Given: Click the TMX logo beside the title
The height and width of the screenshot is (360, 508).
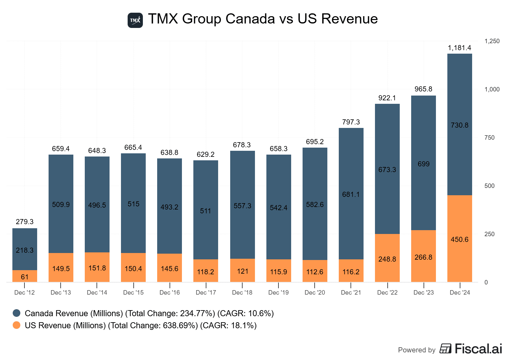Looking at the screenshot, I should pyautogui.click(x=135, y=20).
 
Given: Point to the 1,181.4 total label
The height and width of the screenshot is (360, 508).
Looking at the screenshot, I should pyautogui.click(x=459, y=48).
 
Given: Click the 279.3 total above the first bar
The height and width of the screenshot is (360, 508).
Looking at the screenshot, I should pyautogui.click(x=25, y=222).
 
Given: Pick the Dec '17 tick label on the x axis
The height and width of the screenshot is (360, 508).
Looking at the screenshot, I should pyautogui.click(x=206, y=292).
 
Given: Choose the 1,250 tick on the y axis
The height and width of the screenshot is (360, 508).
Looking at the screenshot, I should pyautogui.click(x=492, y=41).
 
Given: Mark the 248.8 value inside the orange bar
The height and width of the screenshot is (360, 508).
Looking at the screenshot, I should pyautogui.click(x=387, y=259).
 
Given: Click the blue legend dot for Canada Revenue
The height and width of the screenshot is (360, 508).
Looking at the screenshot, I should pyautogui.click(x=17, y=313).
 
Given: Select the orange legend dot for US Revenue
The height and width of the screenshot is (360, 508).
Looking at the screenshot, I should pyautogui.click(x=17, y=325).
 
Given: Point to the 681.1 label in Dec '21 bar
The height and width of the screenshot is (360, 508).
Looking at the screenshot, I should pyautogui.click(x=351, y=194).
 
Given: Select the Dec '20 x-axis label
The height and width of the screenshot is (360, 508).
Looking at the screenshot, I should pyautogui.click(x=315, y=292).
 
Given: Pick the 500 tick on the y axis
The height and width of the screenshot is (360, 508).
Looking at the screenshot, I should pyautogui.click(x=489, y=186).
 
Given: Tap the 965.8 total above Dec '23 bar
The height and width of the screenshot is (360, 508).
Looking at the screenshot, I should pyautogui.click(x=423, y=89).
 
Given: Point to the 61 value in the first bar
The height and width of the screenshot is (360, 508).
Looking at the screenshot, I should pyautogui.click(x=25, y=277).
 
